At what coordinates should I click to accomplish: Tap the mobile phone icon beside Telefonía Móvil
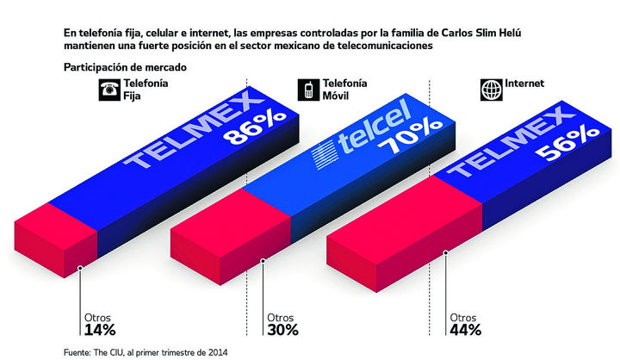[x=307, y=90]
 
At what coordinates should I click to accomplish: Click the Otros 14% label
[x=99, y=323]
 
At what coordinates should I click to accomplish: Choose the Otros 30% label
[x=282, y=323]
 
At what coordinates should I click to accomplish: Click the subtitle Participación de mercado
[x=125, y=67]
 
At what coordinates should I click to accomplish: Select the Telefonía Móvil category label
[x=345, y=89]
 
